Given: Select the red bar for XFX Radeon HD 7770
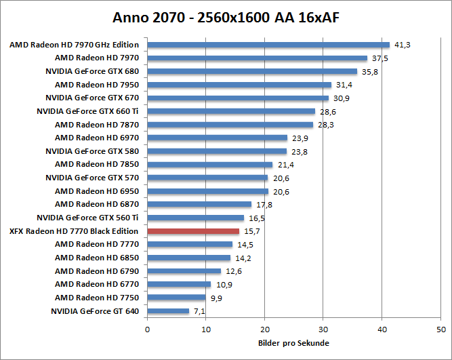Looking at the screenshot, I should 193,231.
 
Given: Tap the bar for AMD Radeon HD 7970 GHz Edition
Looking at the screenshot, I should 268,45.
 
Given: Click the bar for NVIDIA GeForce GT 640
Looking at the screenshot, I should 168,311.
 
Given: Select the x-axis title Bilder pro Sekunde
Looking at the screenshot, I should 293,342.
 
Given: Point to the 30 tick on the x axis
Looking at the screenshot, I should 323,329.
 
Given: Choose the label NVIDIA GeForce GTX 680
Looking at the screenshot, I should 91,71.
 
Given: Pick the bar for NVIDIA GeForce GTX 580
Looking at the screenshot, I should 217,151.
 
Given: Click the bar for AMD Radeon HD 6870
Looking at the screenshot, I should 199,205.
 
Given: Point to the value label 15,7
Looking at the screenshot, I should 251,231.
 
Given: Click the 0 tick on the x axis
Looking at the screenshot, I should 147,329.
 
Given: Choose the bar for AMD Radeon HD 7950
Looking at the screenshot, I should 239,85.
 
